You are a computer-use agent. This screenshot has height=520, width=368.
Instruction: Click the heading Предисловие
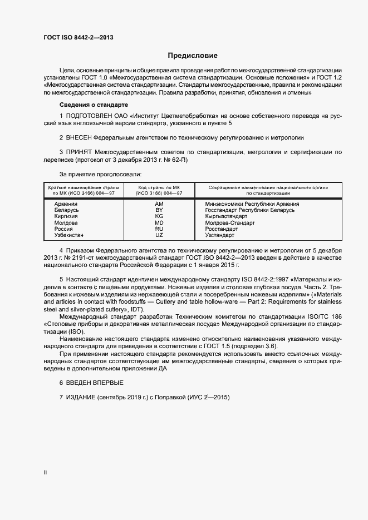click(x=193, y=56)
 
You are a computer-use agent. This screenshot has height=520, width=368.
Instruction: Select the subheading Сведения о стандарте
click(x=94, y=105)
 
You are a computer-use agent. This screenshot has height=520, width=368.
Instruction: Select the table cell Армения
click(x=66, y=204)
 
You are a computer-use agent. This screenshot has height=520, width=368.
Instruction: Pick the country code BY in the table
click(x=159, y=210)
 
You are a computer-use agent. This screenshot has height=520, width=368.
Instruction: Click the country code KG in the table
click(x=159, y=216)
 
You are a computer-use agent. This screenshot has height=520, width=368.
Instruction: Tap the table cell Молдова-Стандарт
click(x=230, y=222)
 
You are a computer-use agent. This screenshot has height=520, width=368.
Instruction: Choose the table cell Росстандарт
click(x=222, y=229)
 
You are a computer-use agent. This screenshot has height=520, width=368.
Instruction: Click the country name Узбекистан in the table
click(x=69, y=235)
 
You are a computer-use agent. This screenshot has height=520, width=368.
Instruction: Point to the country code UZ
click(x=159, y=235)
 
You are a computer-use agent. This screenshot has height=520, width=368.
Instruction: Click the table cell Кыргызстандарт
click(x=226, y=216)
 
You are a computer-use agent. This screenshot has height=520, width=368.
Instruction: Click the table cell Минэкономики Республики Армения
click(x=252, y=204)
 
